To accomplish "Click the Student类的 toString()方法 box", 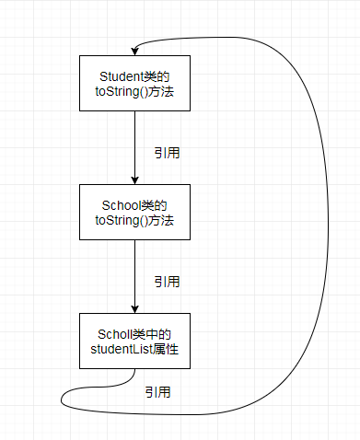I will (135, 84).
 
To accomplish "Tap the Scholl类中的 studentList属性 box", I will (135, 341).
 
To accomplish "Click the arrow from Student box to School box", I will (135, 147).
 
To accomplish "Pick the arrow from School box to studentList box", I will (135, 276).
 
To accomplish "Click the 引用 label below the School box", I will (166, 281).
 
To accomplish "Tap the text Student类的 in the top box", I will (135, 75).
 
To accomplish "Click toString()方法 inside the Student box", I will (135, 92).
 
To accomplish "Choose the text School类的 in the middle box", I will (135, 203).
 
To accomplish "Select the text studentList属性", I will (135, 349).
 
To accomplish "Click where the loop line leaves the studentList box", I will (135, 370).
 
